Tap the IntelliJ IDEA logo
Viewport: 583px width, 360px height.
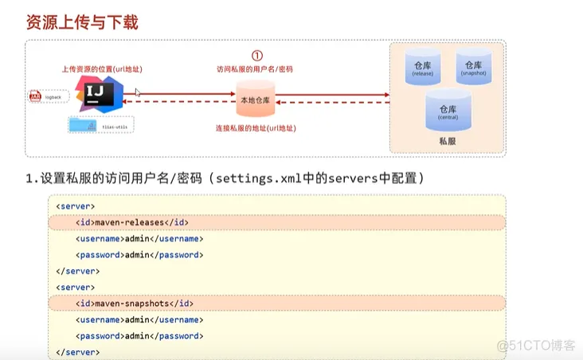pyautogui.click(x=98, y=95)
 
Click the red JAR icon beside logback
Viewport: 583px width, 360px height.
pyautogui.click(x=35, y=96)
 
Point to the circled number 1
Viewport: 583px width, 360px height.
pyautogui.click(x=256, y=56)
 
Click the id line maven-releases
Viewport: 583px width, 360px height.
pyautogui.click(x=132, y=222)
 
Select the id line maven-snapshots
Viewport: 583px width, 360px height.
pyautogui.click(x=135, y=303)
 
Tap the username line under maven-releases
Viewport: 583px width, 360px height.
pyautogui.click(x=139, y=239)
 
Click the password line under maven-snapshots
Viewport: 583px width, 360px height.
pyautogui.click(x=139, y=336)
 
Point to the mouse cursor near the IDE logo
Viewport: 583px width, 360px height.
pyautogui.click(x=138, y=92)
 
